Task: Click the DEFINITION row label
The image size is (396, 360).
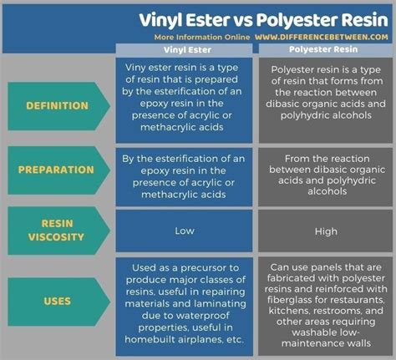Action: (x=58, y=106)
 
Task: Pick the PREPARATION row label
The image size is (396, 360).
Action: (x=58, y=169)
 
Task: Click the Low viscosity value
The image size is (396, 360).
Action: (x=185, y=231)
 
